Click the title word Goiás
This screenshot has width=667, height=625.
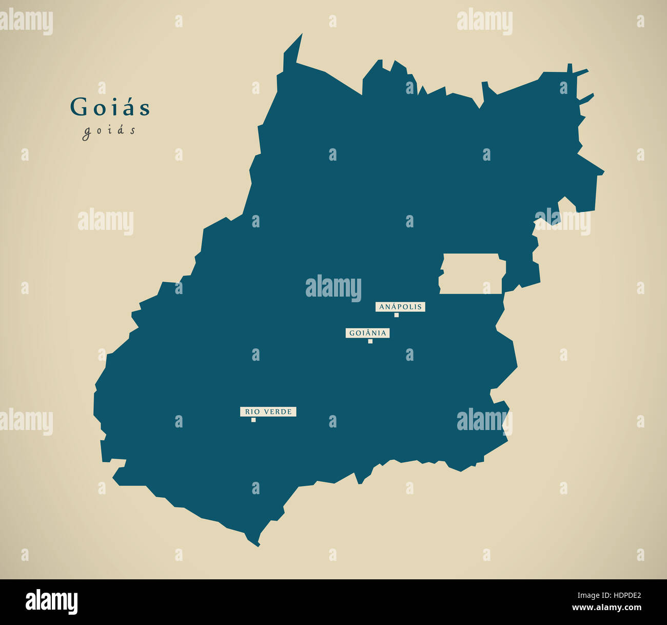pos(110,108)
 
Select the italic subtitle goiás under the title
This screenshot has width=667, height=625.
pos(109,131)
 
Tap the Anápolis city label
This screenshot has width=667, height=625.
pos(400,307)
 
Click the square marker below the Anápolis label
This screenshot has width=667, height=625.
pos(396,315)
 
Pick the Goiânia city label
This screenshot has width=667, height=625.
pos(367,333)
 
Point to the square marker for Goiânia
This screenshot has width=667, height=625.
pos(370,341)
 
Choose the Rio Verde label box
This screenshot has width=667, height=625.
pos(268,412)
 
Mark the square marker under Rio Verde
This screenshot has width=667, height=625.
pos(253,420)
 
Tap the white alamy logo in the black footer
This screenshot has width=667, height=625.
pos(51,602)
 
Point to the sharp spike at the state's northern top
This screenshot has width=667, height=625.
pos(301,36)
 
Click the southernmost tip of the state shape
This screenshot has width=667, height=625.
pos(258,545)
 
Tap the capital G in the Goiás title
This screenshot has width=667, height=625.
pos(79,108)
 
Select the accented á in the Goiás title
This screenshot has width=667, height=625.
pos(130,108)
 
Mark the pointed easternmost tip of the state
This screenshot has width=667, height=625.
pos(603,173)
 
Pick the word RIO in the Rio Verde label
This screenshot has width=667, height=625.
pos(251,412)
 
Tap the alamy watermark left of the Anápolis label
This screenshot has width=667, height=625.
pos(333,287)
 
